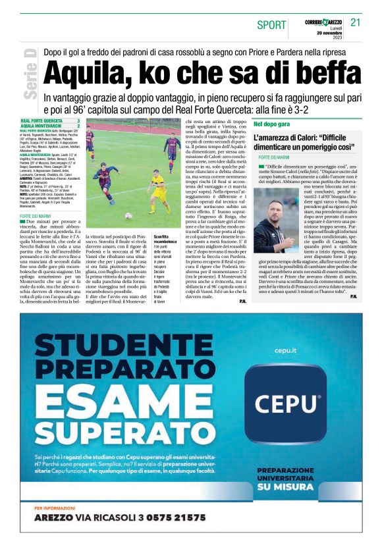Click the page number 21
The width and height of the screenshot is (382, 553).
[x=356, y=22]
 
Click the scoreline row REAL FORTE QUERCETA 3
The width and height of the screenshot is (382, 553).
[x=50, y=121]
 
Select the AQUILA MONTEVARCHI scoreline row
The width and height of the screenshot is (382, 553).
[x=50, y=126]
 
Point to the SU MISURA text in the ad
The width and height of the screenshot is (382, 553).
[x=288, y=487]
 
